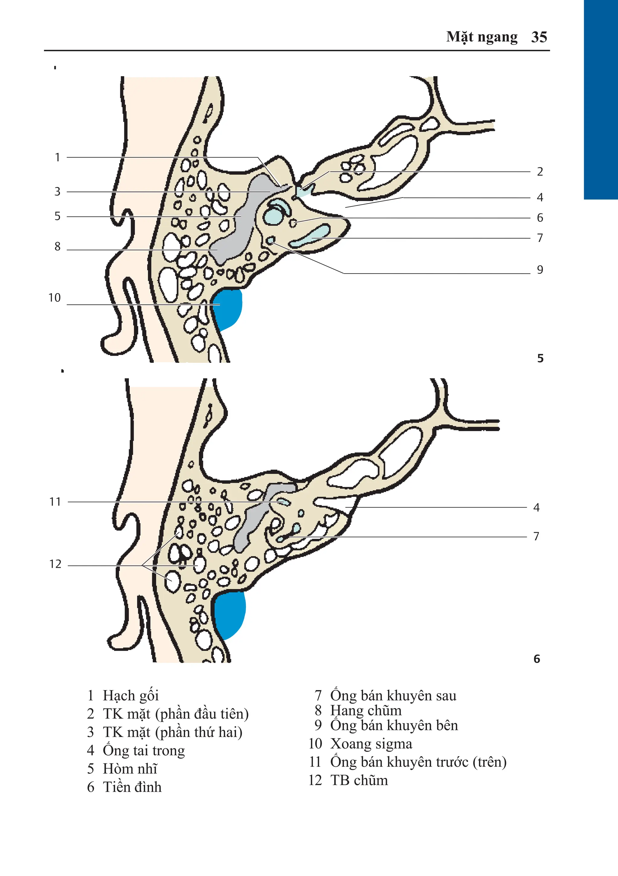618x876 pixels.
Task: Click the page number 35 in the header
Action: coord(539,37)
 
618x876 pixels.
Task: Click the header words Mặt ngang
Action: coord(482,37)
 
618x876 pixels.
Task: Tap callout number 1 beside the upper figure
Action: coord(58,157)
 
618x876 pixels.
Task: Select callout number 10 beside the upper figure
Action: coord(55,298)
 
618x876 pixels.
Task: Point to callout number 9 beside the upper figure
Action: coord(540,270)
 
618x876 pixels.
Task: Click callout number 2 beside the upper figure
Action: coord(540,172)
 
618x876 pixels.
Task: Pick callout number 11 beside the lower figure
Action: coord(55,502)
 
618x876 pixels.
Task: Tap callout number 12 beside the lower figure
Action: coord(55,564)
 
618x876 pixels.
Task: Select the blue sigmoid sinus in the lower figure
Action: coord(230,614)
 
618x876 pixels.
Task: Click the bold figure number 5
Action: coord(540,358)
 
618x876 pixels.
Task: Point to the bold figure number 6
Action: coord(537,659)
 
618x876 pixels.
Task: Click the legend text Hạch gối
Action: coord(130,695)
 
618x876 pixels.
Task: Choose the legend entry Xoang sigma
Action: coord(371,743)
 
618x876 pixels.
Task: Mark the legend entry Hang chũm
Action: coord(366,710)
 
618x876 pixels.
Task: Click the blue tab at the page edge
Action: coord(601,99)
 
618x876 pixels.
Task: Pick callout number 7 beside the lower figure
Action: coord(536,536)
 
